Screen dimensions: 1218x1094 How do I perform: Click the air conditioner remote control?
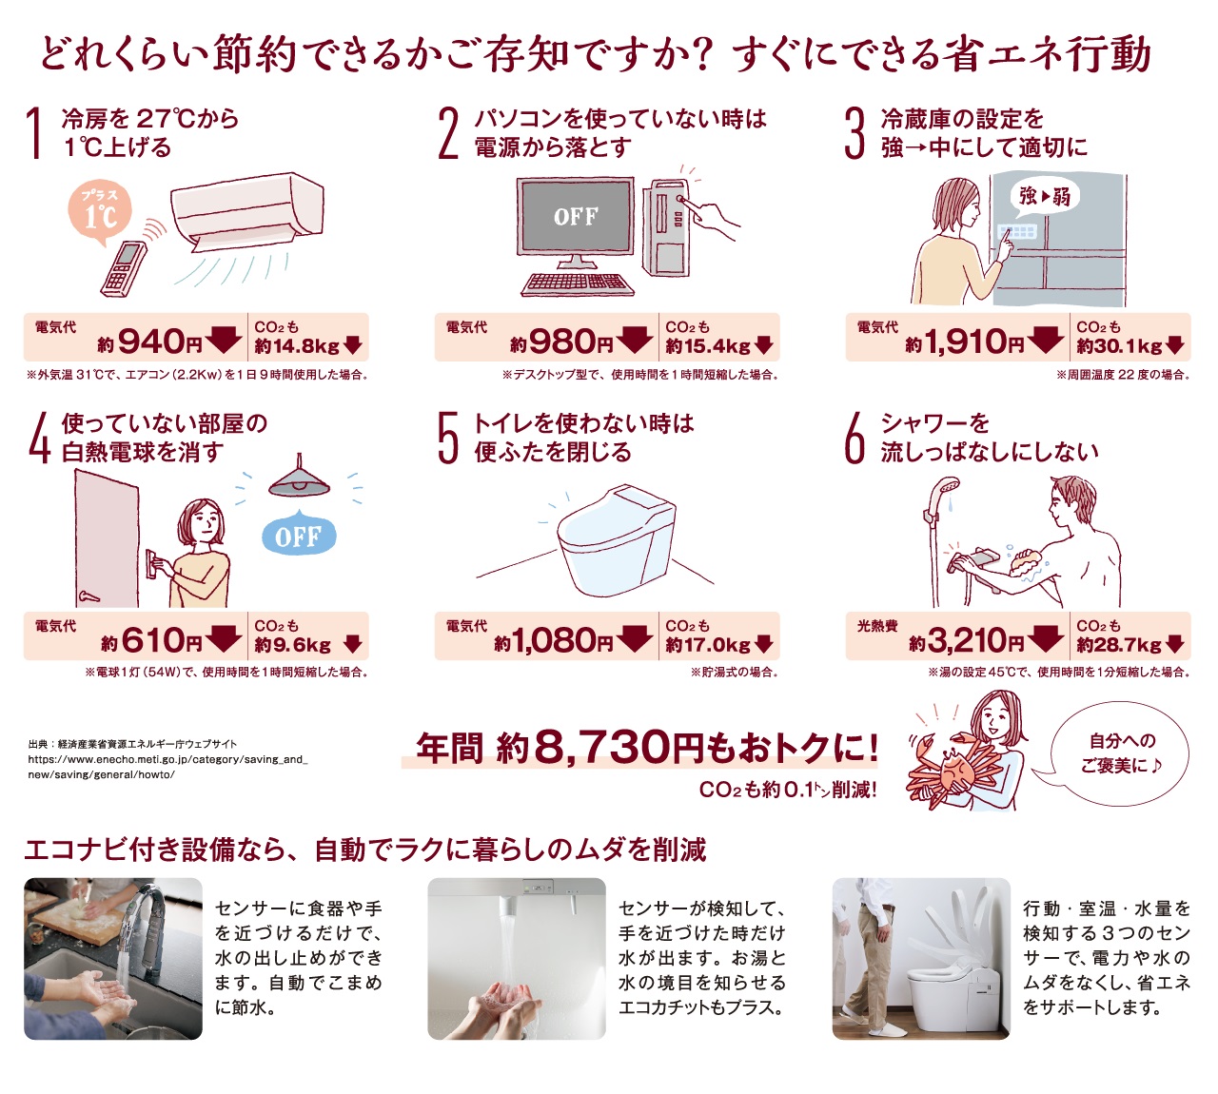point(124,268)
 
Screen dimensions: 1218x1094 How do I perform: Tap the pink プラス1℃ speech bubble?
point(100,212)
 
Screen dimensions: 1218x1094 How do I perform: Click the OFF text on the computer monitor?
point(576,216)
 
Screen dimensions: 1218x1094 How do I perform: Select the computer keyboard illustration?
point(578,284)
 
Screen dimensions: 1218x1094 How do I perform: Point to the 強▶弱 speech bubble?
point(1044,196)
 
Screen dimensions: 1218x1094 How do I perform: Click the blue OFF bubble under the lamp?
point(299,534)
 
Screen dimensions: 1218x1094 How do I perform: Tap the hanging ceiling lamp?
point(300,478)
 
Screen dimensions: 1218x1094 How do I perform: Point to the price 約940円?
point(149,342)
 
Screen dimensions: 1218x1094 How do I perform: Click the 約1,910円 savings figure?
point(964,342)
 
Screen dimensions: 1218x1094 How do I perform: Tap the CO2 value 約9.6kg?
point(292,645)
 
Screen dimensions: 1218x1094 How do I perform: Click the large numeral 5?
point(448,439)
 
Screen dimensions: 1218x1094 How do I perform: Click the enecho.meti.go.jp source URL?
point(167,767)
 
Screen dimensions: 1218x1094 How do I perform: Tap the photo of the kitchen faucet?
point(113,958)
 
